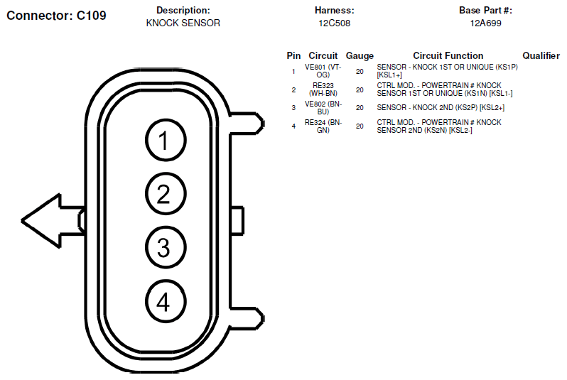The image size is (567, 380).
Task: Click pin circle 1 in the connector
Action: tap(166, 140)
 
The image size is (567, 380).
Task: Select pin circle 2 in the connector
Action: tap(166, 194)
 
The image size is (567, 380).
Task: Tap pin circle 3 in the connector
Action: tap(166, 248)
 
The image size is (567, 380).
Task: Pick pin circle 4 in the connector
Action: tap(166, 302)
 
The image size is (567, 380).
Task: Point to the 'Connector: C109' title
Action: tap(56, 16)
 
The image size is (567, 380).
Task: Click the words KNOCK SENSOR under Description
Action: tap(183, 23)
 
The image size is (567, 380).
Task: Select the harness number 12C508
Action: tap(335, 23)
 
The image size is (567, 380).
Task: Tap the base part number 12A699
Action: tap(485, 23)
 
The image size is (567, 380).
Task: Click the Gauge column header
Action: tap(360, 55)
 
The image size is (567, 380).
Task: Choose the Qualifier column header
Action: tap(541, 55)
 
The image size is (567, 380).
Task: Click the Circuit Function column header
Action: tap(448, 55)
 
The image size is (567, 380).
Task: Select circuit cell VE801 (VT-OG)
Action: tap(323, 71)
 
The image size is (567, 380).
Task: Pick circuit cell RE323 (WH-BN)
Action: tap(323, 89)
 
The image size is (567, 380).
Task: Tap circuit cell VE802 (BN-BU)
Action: tap(323, 108)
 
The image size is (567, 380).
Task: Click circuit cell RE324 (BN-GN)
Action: tap(323, 126)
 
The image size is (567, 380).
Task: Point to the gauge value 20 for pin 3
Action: tap(360, 108)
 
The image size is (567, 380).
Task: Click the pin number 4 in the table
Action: tap(293, 126)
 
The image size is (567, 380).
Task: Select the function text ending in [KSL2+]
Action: tap(441, 108)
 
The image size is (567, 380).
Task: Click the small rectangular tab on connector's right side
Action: tap(237, 221)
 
